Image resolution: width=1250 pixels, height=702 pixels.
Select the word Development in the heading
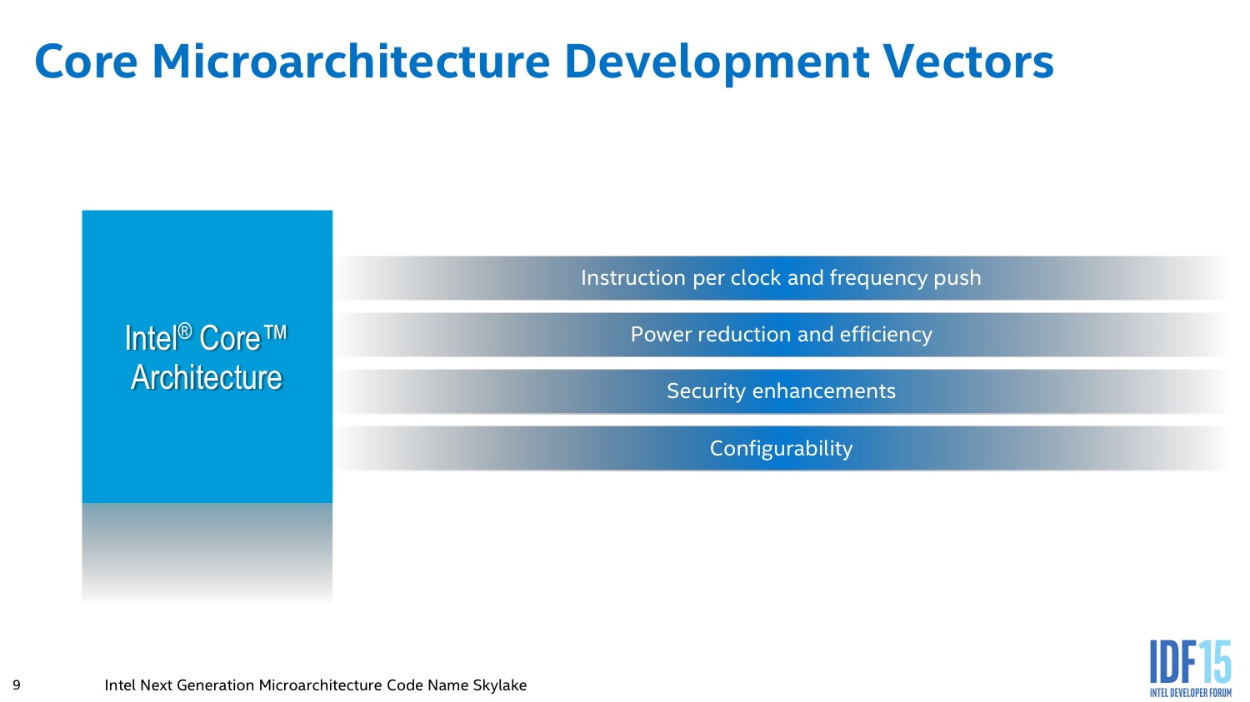pyautogui.click(x=717, y=64)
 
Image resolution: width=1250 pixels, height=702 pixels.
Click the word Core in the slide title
pyautogui.click(x=86, y=62)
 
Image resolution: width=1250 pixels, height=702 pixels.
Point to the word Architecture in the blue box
pyautogui.click(x=207, y=377)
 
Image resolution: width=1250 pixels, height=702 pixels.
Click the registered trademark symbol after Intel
pyautogui.click(x=185, y=331)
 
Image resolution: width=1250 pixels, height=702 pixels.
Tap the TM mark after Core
pyautogui.click(x=274, y=332)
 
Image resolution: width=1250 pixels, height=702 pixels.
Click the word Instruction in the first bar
pyautogui.click(x=632, y=277)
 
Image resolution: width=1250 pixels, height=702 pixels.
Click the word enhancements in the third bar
pyautogui.click(x=823, y=391)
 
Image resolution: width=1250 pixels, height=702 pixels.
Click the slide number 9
pyautogui.click(x=16, y=685)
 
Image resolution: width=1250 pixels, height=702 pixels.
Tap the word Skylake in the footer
pyautogui.click(x=499, y=685)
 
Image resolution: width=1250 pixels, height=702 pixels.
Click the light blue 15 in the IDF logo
pyautogui.click(x=1215, y=662)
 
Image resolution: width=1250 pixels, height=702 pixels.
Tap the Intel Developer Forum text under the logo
pyautogui.click(x=1190, y=693)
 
